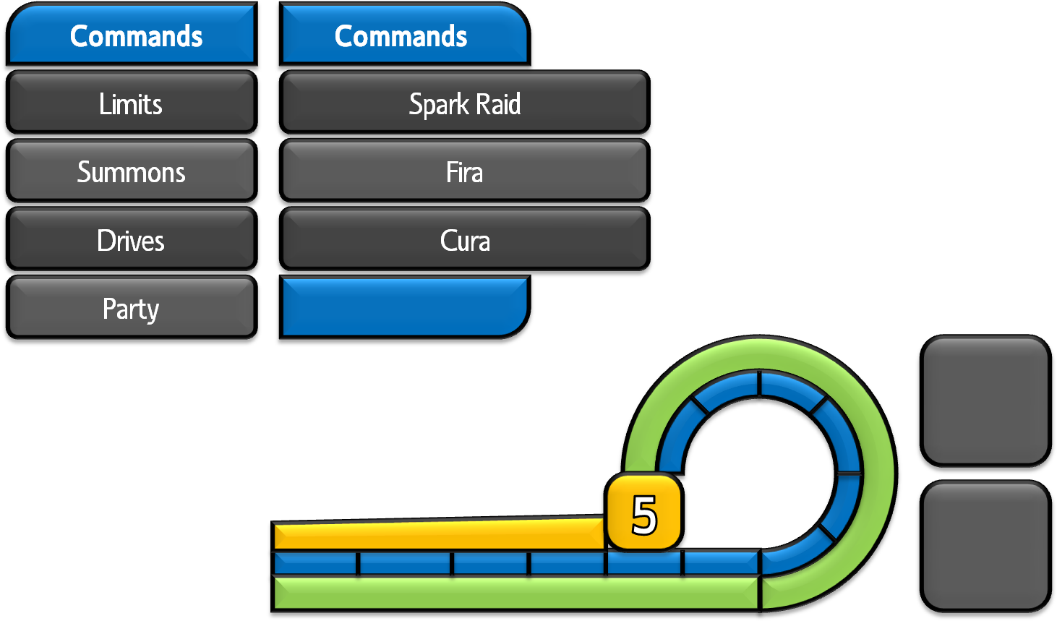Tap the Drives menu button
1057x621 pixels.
click(132, 239)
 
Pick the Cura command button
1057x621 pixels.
click(464, 239)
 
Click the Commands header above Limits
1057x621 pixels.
click(135, 35)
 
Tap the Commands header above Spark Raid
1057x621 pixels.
click(401, 35)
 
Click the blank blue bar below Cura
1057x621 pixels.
click(403, 307)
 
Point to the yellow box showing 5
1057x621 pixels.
click(643, 513)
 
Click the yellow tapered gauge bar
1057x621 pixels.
click(438, 535)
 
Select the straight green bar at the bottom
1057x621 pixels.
click(515, 592)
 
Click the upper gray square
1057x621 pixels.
click(985, 399)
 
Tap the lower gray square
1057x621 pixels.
click(985, 545)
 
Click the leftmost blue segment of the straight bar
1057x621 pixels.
click(315, 563)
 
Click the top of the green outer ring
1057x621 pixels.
click(759, 353)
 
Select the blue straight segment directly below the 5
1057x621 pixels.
click(643, 563)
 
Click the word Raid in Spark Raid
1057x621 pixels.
click(498, 103)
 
